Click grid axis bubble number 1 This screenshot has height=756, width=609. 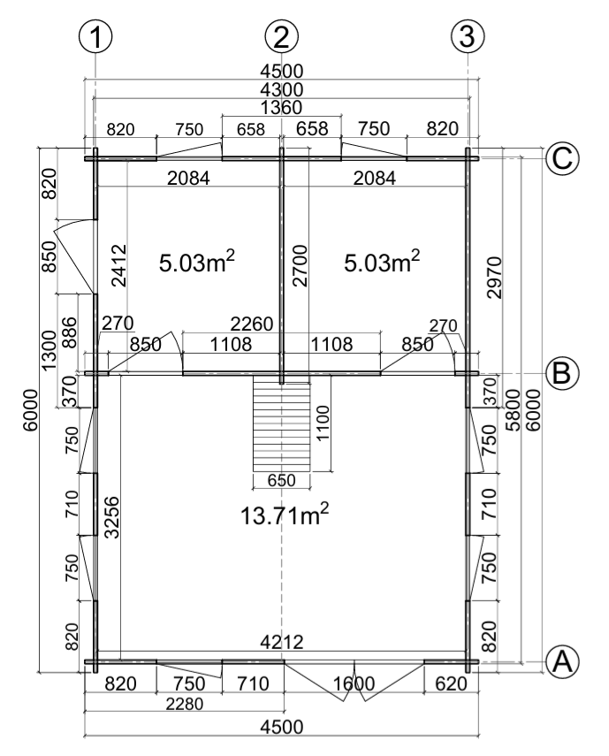[95, 36]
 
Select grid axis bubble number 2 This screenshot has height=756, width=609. [281, 36]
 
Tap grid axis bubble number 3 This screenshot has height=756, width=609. [468, 36]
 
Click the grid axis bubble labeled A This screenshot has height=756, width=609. [561, 661]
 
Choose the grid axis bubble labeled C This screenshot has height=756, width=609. [561, 158]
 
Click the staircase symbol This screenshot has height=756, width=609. [281, 424]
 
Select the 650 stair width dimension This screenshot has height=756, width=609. [281, 481]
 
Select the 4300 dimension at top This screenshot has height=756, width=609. [281, 89]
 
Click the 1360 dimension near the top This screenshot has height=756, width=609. [281, 108]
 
